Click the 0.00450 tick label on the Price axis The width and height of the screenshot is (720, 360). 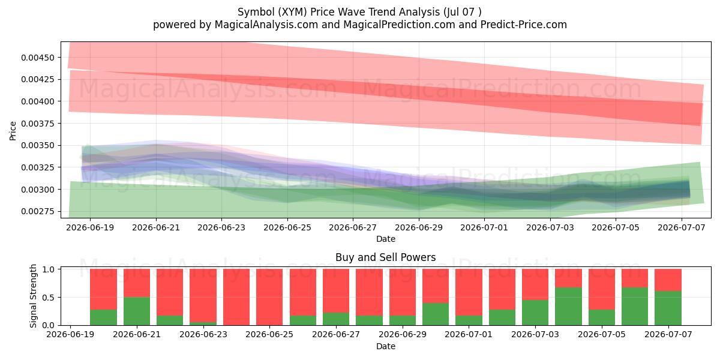(38, 58)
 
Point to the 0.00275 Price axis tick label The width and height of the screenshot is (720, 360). (38, 211)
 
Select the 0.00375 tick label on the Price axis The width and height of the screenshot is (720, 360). (38, 124)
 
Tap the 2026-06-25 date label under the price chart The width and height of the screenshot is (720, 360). (287, 227)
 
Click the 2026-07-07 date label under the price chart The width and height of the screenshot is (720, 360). (682, 227)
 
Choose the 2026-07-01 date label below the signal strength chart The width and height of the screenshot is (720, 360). (469, 334)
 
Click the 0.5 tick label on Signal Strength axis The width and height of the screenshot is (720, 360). (48, 298)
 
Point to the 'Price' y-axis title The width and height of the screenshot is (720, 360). (13, 131)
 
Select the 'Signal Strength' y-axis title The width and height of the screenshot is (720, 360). (33, 296)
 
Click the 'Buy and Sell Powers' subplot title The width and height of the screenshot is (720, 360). (386, 257)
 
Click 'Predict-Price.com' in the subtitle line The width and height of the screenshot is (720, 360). (524, 25)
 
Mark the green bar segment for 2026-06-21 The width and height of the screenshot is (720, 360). (137, 311)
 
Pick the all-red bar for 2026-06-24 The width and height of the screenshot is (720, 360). (236, 297)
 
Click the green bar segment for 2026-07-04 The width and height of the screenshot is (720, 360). (568, 307)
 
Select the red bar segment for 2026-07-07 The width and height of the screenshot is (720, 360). (668, 280)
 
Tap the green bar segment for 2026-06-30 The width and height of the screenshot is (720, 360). (436, 314)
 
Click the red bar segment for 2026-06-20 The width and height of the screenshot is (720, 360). (103, 289)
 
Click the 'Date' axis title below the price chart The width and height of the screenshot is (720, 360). (386, 239)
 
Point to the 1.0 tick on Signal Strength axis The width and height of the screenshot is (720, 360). (48, 269)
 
